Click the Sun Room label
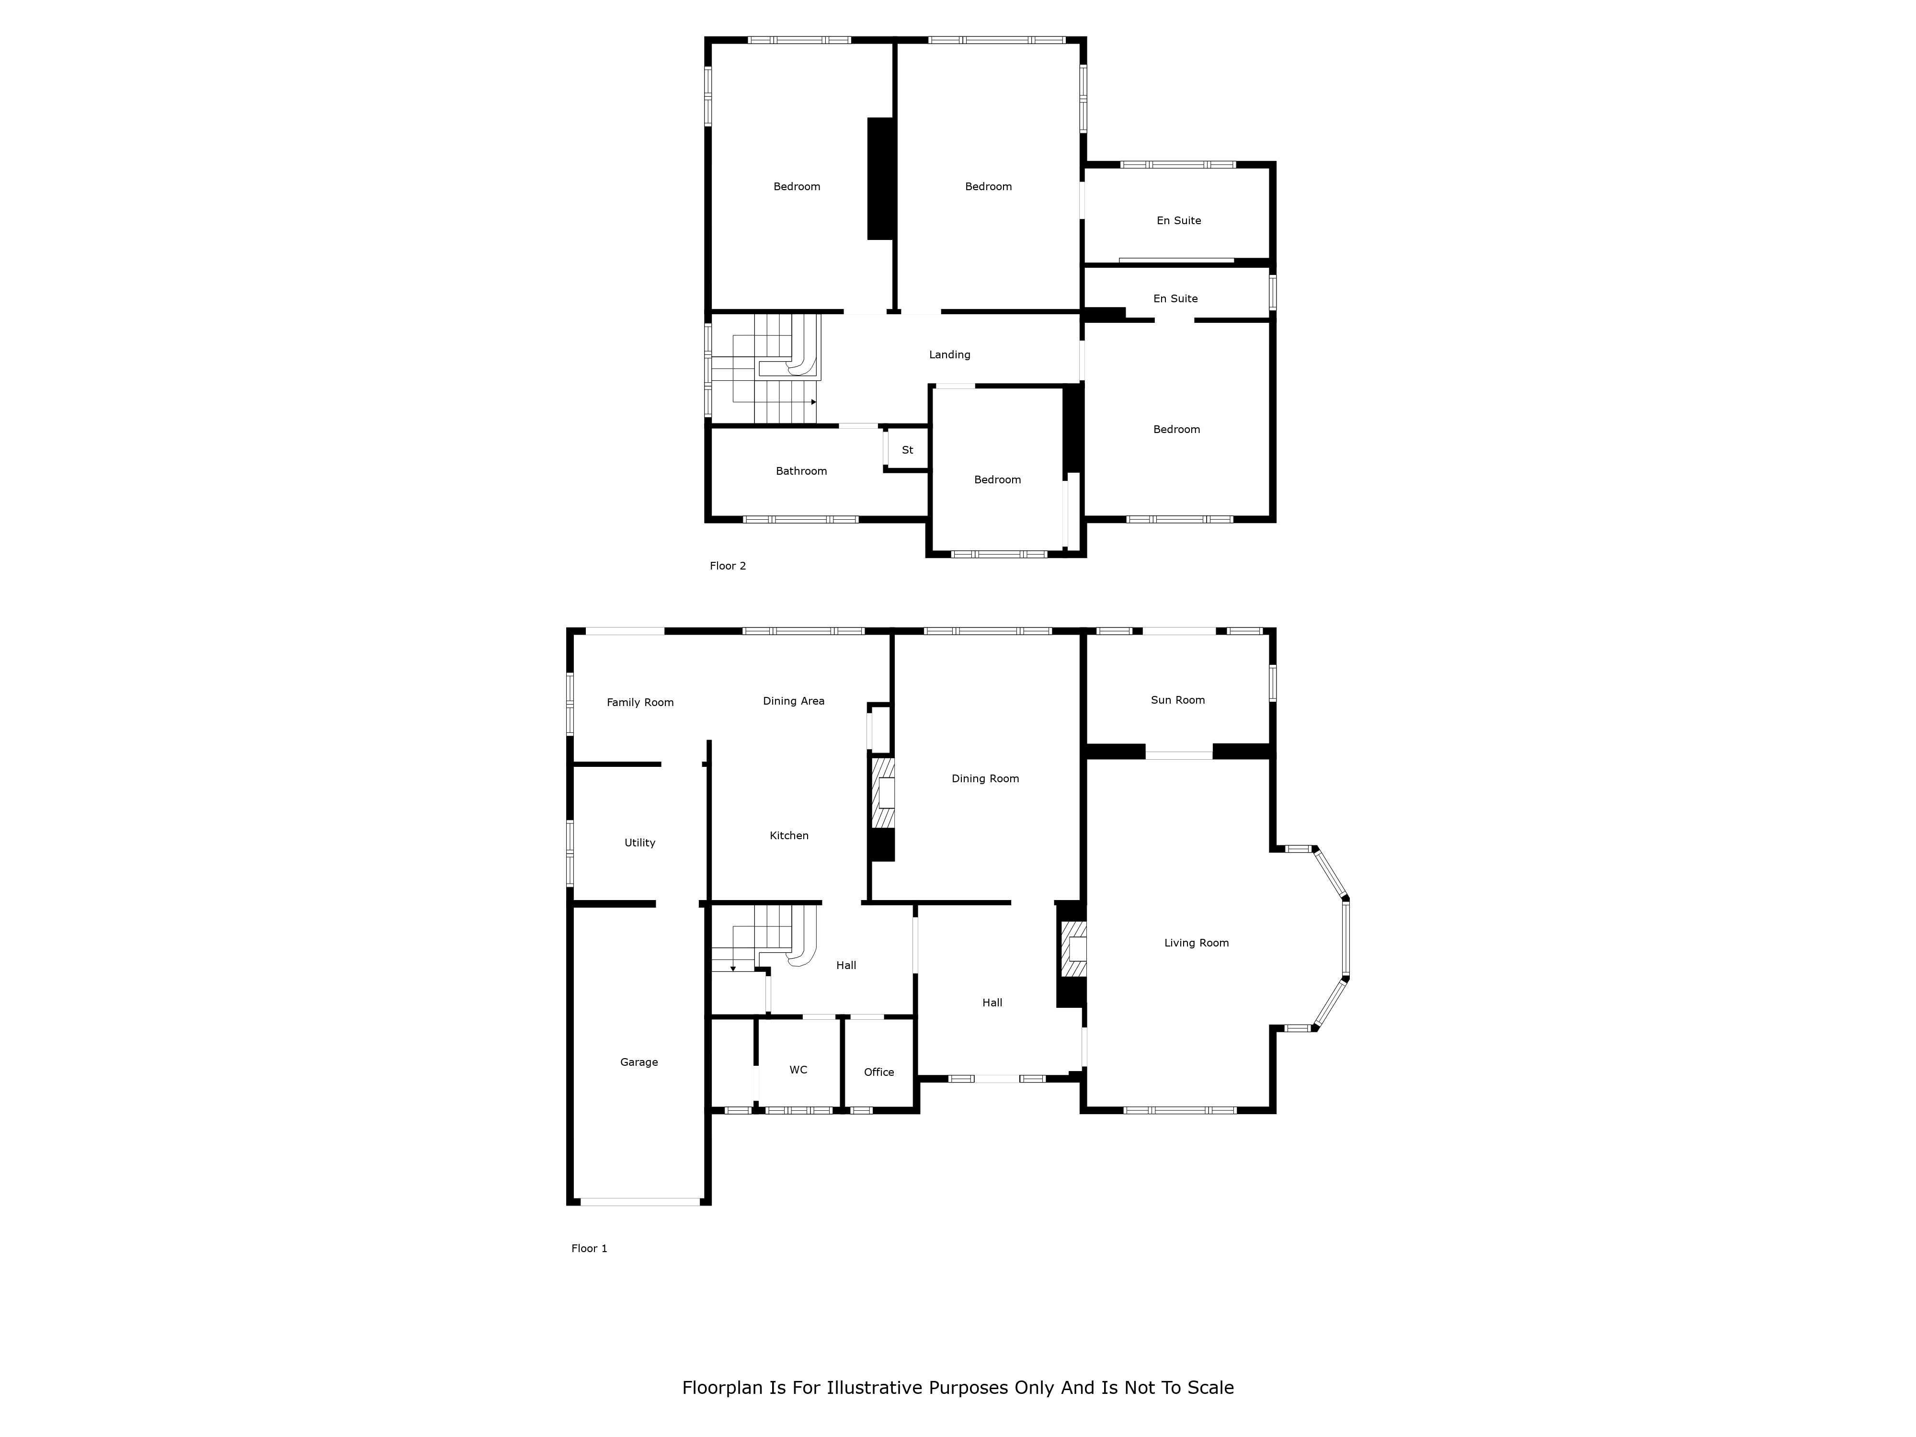(1177, 700)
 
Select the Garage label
(639, 1062)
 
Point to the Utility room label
(640, 843)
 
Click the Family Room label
(640, 703)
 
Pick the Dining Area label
(793, 701)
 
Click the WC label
(798, 1070)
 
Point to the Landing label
(949, 354)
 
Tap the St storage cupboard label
(907, 450)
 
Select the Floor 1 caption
(589, 1248)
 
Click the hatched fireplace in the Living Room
(1074, 949)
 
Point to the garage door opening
(640, 1201)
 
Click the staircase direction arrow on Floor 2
(813, 402)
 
